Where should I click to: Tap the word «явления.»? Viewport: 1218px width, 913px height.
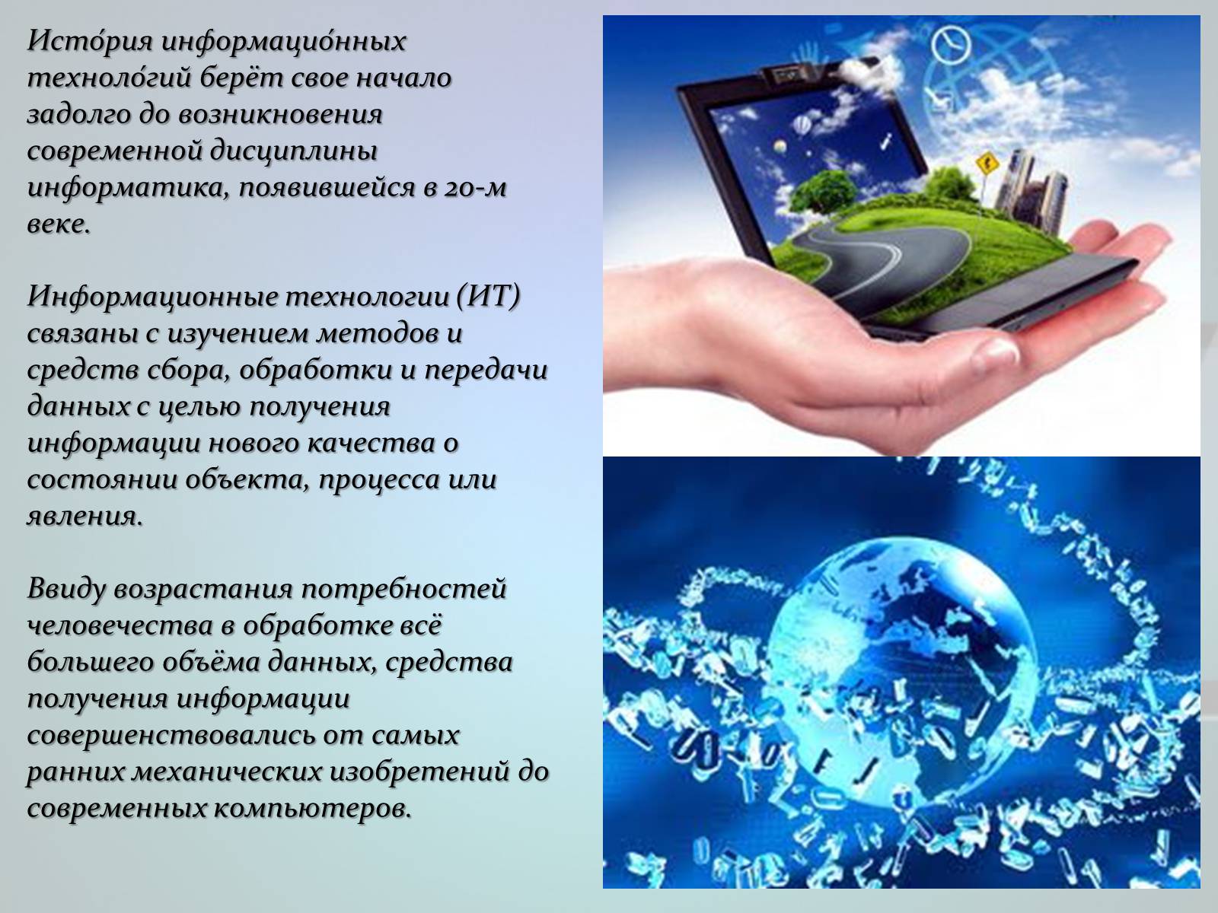click(x=84, y=517)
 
